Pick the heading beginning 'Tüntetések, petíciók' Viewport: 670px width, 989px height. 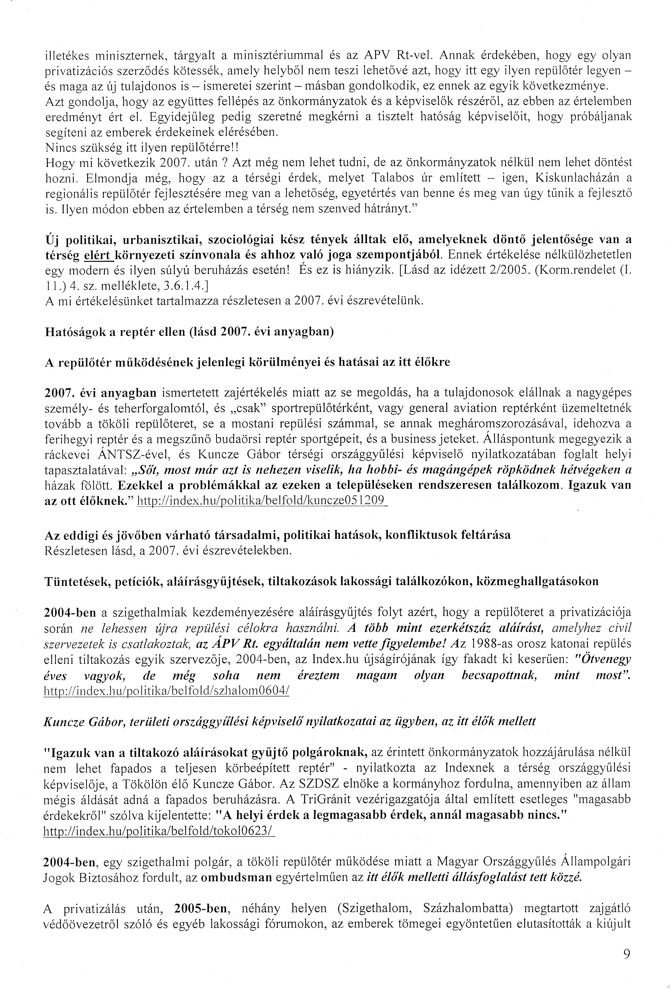tap(321, 581)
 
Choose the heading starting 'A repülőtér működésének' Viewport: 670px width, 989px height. tap(247, 362)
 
